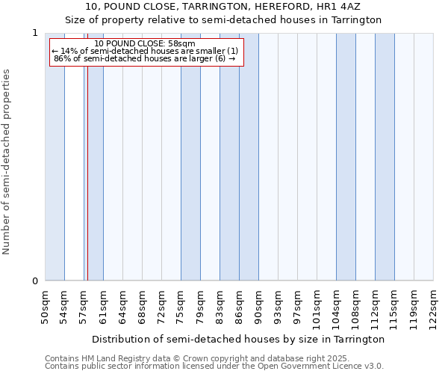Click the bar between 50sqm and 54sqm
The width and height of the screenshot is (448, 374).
(55, 157)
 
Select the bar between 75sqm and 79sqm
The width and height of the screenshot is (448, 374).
(190, 157)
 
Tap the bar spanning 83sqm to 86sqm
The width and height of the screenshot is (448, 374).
(229, 157)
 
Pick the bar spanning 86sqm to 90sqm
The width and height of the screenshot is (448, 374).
(249, 157)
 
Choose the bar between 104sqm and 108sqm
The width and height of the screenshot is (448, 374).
(346, 157)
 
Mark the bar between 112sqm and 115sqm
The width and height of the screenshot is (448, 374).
(385, 157)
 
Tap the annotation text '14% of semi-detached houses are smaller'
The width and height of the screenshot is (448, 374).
(144, 51)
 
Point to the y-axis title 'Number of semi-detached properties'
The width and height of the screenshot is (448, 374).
(7, 162)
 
